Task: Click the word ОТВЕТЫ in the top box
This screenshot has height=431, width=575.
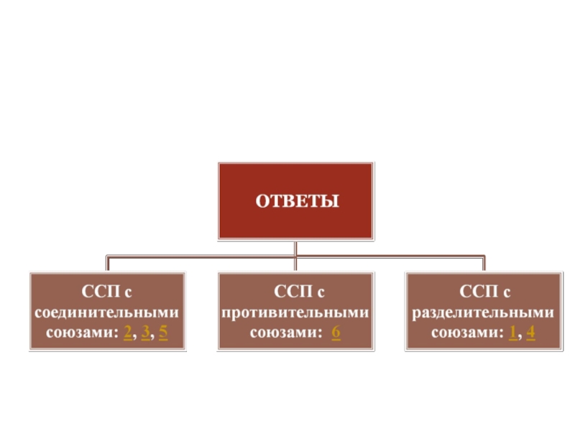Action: click(x=297, y=200)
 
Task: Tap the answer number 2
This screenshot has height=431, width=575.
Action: click(x=127, y=333)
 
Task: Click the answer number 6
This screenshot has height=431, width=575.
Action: click(x=336, y=333)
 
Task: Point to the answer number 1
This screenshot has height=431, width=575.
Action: click(x=512, y=333)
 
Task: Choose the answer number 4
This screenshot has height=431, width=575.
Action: click(x=530, y=333)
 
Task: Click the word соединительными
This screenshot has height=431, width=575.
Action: click(x=107, y=313)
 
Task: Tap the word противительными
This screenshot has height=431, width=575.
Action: click(x=295, y=313)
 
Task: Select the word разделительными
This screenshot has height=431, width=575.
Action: click(x=484, y=313)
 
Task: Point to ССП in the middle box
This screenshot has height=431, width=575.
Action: click(x=285, y=293)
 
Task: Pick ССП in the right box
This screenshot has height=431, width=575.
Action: click(x=474, y=293)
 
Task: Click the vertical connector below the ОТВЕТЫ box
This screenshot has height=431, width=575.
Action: click(x=295, y=248)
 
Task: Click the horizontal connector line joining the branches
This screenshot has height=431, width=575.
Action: click(x=201, y=256)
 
